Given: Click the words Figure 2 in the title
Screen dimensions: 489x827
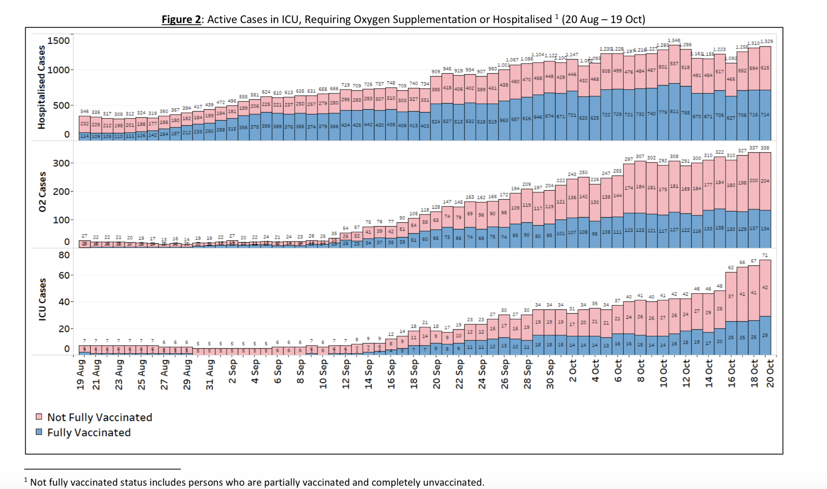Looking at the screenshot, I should pos(181,20).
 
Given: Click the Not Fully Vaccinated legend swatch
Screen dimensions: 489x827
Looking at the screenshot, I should pos(39,417).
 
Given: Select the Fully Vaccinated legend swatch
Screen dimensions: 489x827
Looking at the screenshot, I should pos(39,432).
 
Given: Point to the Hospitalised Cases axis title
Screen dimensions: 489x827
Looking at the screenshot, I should pos(41,87).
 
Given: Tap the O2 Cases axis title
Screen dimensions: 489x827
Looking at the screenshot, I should pos(42,192).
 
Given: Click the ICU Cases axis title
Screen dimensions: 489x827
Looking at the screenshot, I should pos(42,299).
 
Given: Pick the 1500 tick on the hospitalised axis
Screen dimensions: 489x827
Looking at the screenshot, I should pos(59,41).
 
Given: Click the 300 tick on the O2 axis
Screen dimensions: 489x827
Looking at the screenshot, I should pos(61,163).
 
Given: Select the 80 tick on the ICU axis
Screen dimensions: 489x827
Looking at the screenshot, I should pos(64,255).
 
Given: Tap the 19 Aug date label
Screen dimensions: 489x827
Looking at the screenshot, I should pos(81,375).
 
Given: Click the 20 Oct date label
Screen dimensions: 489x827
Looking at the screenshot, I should pos(770,373).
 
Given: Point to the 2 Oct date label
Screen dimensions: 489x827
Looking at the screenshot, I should pos(573,371).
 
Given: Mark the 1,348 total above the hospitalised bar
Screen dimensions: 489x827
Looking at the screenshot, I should pos(674,40).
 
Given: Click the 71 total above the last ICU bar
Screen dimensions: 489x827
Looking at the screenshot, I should pos(765,255).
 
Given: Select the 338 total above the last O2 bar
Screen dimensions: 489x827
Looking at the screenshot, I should pos(765,148).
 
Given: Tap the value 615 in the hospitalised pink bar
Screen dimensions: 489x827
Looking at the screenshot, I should pos(765,68).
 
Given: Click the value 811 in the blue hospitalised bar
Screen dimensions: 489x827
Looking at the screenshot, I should pos(674,111).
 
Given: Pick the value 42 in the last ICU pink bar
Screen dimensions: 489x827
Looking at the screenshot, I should pos(765,287).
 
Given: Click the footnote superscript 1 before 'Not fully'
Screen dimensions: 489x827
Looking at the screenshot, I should pos(26,479).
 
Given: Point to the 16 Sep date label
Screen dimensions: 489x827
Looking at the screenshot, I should pos(391,374).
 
